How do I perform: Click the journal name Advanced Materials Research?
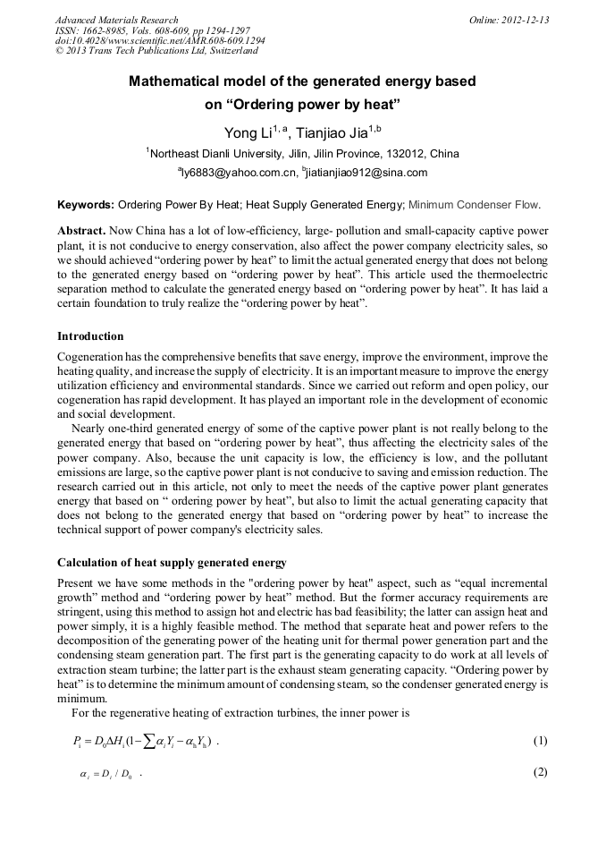tap(116, 20)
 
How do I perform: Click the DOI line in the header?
tap(160, 41)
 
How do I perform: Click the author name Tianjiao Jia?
tap(338, 134)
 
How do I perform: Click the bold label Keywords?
tap(86, 204)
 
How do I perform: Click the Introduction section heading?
tap(90, 336)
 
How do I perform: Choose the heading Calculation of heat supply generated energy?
tap(172, 563)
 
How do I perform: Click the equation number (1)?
tap(539, 741)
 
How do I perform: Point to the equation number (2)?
tap(539, 772)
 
